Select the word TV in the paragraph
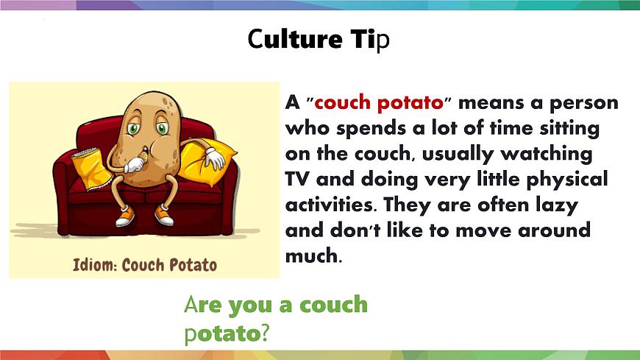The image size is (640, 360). (296, 180)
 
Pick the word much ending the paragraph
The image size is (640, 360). (313, 256)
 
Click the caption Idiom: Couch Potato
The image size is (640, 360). (145, 263)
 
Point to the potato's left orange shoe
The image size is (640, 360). (124, 216)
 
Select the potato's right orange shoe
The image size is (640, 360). (165, 217)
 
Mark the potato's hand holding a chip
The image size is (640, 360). (136, 164)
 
